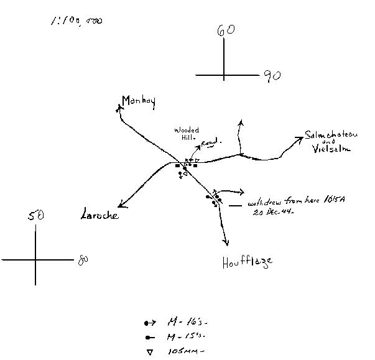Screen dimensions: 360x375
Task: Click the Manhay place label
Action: pos(138,101)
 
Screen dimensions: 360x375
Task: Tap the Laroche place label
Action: pos(100,216)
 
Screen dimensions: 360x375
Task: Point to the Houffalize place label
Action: pos(247,262)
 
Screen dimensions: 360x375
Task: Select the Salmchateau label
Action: pos(330,136)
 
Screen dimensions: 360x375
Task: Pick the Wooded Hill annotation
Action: pos(186,134)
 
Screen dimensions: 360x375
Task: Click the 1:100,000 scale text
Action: pos(76,21)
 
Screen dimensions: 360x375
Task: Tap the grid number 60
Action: pos(225,30)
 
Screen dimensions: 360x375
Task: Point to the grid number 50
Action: pos(35,216)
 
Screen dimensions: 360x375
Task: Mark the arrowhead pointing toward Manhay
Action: pos(119,108)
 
